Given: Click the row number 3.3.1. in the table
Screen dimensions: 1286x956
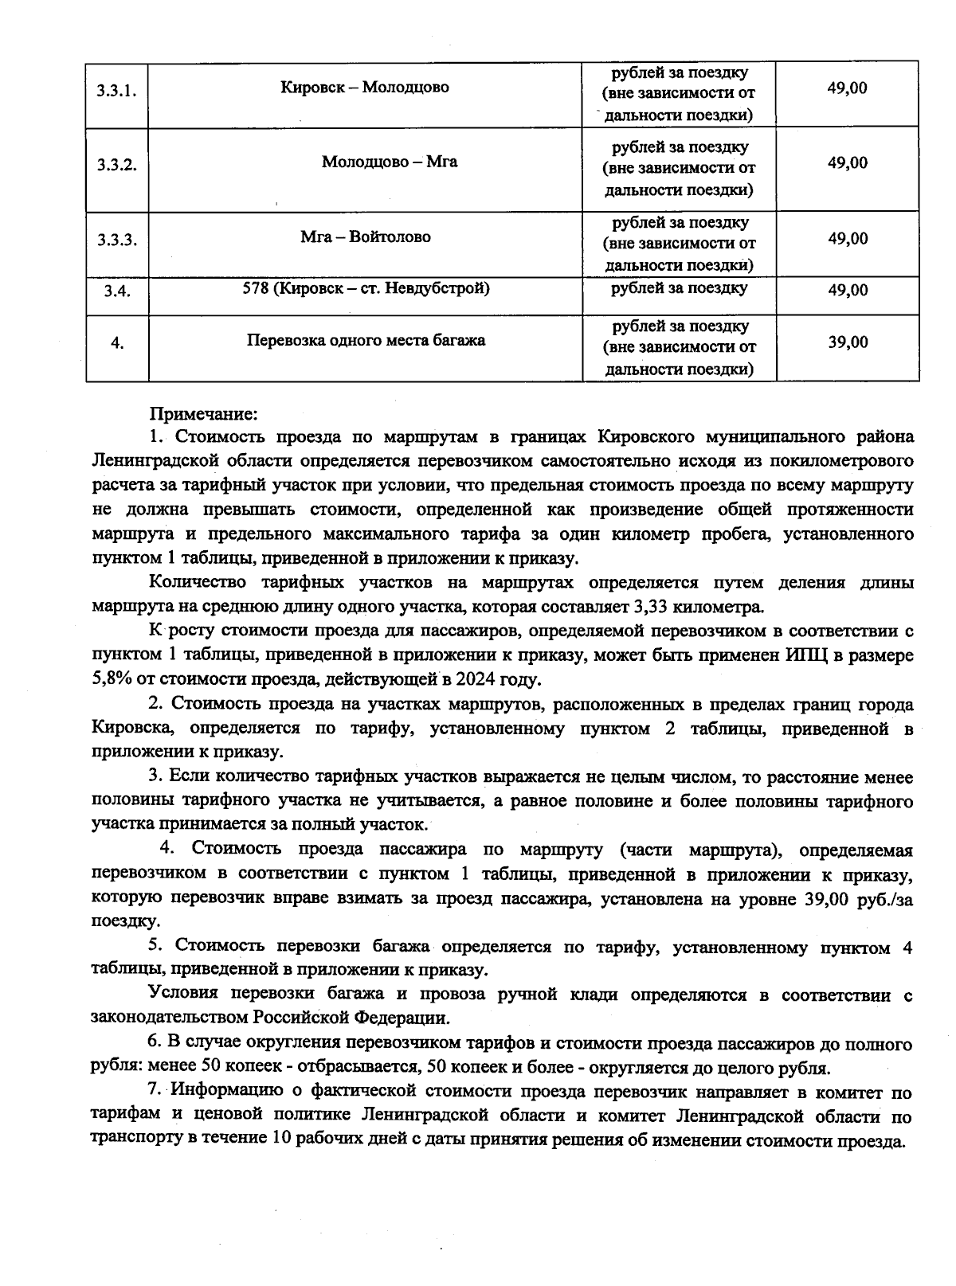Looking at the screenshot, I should tap(117, 91).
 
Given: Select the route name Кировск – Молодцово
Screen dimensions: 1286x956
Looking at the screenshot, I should tap(364, 87).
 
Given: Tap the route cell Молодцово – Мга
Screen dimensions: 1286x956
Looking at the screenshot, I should tap(390, 162).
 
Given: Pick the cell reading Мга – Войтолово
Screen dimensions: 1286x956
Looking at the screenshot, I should tap(365, 236).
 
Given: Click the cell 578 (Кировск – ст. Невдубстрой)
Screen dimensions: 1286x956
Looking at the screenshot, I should tap(366, 288).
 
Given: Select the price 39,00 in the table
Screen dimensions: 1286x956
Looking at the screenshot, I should tap(847, 342).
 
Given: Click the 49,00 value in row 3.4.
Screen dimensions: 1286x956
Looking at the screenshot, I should tap(847, 291).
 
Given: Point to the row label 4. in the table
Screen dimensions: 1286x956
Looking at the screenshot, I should tap(117, 344).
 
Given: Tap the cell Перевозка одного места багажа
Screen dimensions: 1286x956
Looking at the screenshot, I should tap(366, 340).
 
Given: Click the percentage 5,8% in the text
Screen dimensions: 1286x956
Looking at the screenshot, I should tap(112, 680).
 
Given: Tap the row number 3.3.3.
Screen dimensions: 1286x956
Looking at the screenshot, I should tap(117, 240).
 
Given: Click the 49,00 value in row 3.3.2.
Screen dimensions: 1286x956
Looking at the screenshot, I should tap(847, 163).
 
